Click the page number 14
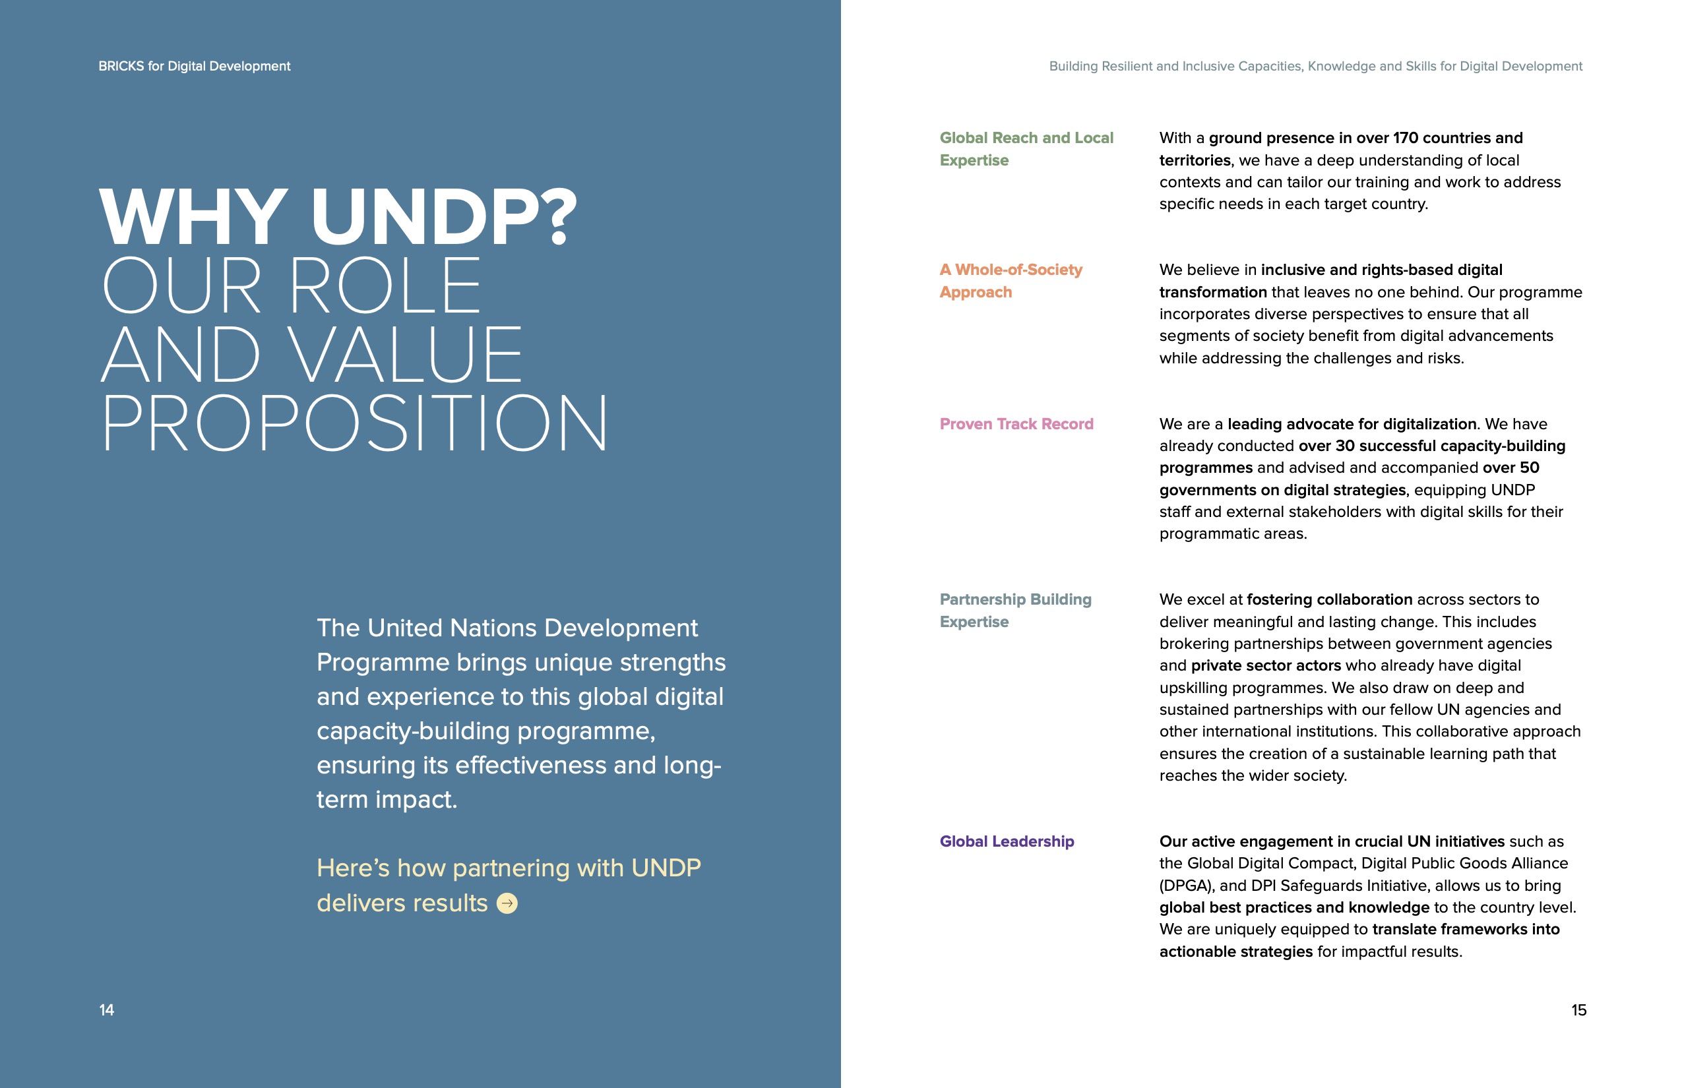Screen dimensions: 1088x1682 (x=107, y=1010)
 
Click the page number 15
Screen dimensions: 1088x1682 (x=1578, y=1010)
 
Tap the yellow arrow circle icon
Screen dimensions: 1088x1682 (x=507, y=903)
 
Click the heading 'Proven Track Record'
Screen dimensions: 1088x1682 (x=1016, y=424)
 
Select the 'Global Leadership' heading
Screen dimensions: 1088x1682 (x=1007, y=841)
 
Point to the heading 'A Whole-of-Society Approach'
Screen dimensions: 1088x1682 (x=1010, y=280)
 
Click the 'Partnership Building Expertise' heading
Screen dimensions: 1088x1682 (x=1015, y=611)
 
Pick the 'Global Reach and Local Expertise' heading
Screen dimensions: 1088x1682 (x=1026, y=148)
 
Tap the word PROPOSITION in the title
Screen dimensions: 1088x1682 (x=354, y=423)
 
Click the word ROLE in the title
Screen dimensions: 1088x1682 (x=385, y=286)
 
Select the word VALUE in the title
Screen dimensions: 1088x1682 (x=406, y=355)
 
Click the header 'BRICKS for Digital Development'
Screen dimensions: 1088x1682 (x=195, y=66)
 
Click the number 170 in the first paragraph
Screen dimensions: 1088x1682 (x=1405, y=138)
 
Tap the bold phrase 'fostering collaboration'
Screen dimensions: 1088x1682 (x=1328, y=599)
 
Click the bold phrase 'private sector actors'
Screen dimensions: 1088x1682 (x=1265, y=665)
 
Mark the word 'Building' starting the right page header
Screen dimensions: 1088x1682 (x=1073, y=67)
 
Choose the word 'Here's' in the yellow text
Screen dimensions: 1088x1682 (x=353, y=868)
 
